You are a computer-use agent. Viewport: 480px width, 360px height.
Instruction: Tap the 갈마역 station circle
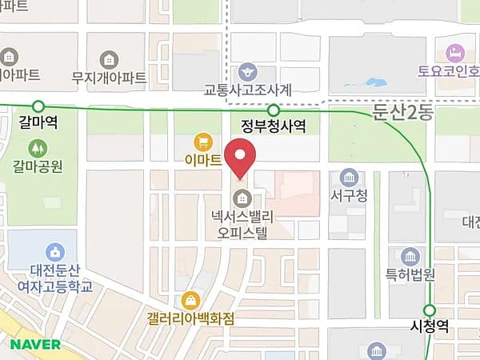point(38,106)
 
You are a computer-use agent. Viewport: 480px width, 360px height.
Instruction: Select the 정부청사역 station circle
point(274,110)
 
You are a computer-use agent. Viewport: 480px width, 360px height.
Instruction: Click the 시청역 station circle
point(430,310)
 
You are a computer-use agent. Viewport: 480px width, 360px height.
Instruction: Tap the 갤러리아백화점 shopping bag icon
point(191,301)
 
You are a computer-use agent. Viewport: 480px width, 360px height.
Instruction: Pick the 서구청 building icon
point(348,177)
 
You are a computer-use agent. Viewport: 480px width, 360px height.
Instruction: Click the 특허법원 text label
point(410,274)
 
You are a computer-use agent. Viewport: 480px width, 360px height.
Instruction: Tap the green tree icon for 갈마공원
point(37,148)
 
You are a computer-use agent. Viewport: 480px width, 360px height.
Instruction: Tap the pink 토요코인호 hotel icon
point(456,53)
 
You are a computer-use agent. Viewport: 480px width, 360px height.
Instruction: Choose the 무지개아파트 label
point(109,78)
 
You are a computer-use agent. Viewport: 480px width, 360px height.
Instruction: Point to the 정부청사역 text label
point(274,127)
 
